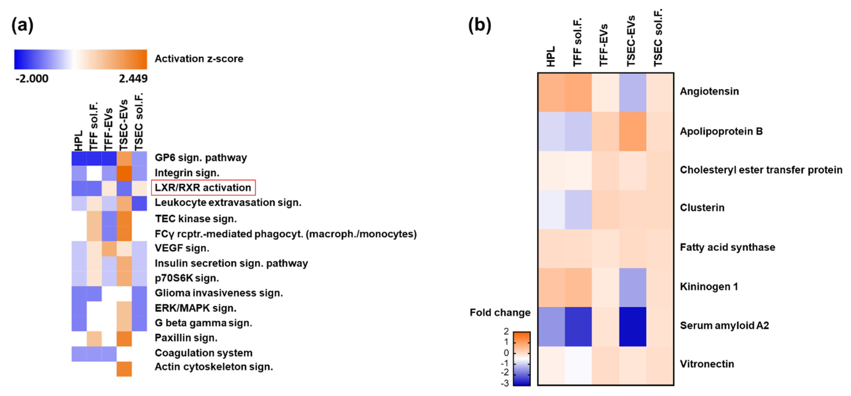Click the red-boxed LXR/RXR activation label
pyautogui.click(x=203, y=187)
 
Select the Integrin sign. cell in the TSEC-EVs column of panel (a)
pyautogui.click(x=124, y=173)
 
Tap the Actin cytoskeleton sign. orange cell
pyautogui.click(x=124, y=369)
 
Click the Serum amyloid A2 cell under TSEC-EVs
pyautogui.click(x=633, y=327)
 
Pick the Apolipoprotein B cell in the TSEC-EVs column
pyautogui.click(x=633, y=131)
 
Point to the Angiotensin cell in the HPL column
pyautogui.click(x=551, y=92)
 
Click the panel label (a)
pyautogui.click(x=23, y=25)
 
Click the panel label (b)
pyautogui.click(x=480, y=25)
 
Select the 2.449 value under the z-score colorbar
pyautogui.click(x=133, y=79)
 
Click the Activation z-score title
pyautogui.click(x=199, y=59)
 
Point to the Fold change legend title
pyautogui.click(x=500, y=312)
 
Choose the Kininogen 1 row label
pyautogui.click(x=709, y=287)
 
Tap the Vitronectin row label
pyautogui.click(x=707, y=364)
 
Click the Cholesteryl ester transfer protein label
pyautogui.click(x=761, y=170)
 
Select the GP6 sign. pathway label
pyautogui.click(x=201, y=158)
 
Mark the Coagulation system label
pyautogui.click(x=204, y=353)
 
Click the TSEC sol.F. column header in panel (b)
pyautogui.click(x=658, y=38)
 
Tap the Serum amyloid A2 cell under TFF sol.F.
pyautogui.click(x=578, y=327)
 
